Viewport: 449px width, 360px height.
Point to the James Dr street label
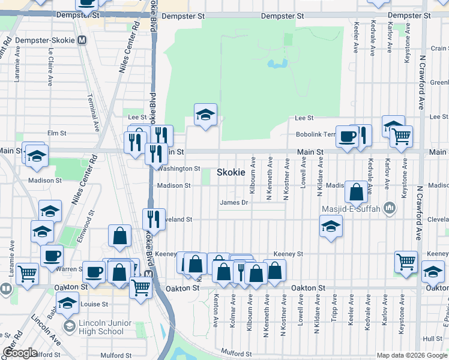pyautogui.click(x=234, y=203)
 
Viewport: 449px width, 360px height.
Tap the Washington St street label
pyautogui.click(x=179, y=169)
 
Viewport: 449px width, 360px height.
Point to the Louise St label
pyautogui.click(x=94, y=304)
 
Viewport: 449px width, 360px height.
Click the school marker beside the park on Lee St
pyautogui.click(x=205, y=115)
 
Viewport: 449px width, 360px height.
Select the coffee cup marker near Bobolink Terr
pyautogui.click(x=347, y=136)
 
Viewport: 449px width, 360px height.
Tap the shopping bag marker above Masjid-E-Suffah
pyautogui.click(x=356, y=192)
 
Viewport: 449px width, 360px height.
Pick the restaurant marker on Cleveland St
pyautogui.click(x=154, y=219)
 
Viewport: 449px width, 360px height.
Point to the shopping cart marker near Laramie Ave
pyautogui.click(x=27, y=274)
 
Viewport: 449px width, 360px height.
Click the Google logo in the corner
pyautogui.click(x=20, y=353)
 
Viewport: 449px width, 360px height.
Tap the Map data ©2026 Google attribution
pyautogui.click(x=411, y=355)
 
